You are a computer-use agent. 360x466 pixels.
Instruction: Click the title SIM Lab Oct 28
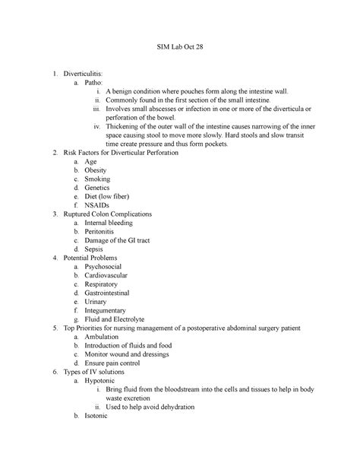179,47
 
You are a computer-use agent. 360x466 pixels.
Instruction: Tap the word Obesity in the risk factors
96,170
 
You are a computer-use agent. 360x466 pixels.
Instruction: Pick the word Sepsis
95,249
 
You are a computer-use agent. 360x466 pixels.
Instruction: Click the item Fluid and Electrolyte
115,320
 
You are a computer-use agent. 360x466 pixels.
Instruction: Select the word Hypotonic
103,381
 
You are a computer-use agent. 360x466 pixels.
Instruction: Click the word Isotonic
98,417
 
